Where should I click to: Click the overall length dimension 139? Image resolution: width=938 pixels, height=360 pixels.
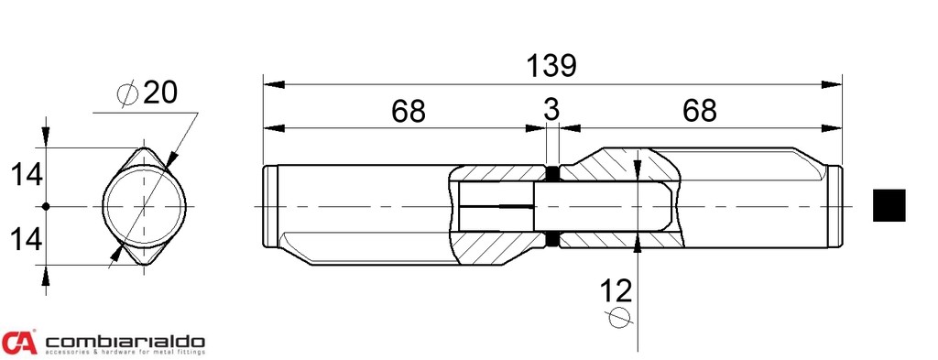(551, 66)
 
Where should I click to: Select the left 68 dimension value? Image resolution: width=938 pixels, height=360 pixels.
(409, 111)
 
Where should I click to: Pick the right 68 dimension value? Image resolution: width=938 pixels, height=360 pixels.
(699, 111)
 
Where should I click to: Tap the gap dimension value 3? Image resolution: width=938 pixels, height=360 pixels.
(551, 111)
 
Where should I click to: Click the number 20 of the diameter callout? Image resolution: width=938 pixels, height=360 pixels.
(160, 93)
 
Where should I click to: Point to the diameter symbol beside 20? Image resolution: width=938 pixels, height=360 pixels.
(128, 94)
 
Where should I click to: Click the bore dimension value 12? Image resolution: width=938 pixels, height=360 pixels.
(616, 291)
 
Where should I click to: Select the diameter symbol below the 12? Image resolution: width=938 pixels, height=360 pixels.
(620, 317)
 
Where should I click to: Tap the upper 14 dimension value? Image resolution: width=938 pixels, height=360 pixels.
(27, 176)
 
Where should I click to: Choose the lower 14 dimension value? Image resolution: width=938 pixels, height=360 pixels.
(27, 239)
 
